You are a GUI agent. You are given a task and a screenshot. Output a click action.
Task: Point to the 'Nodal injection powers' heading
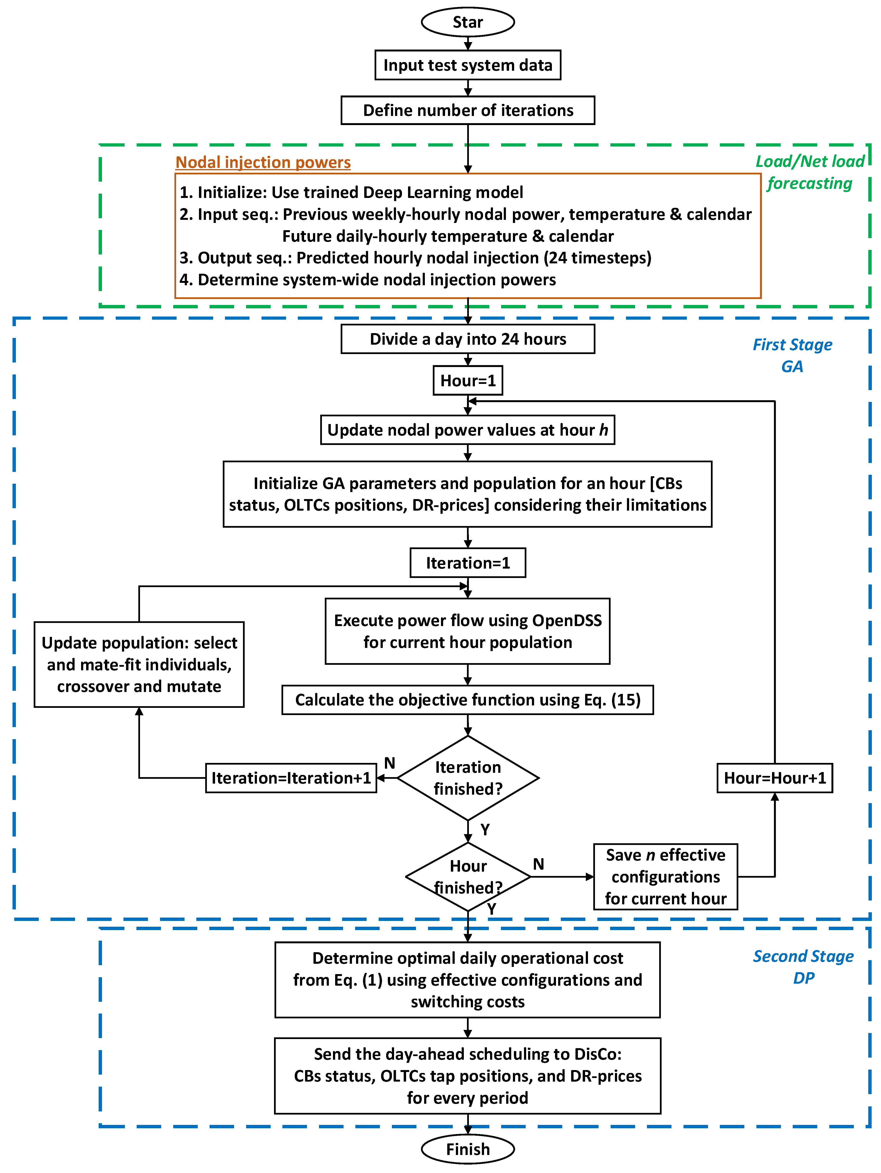click(263, 162)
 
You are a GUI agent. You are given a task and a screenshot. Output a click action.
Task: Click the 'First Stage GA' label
click(792, 355)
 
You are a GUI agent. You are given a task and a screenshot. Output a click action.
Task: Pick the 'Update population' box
click(139, 665)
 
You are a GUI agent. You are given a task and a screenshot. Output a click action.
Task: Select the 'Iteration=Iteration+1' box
click(291, 778)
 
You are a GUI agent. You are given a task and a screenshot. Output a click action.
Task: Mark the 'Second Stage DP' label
click(803, 967)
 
